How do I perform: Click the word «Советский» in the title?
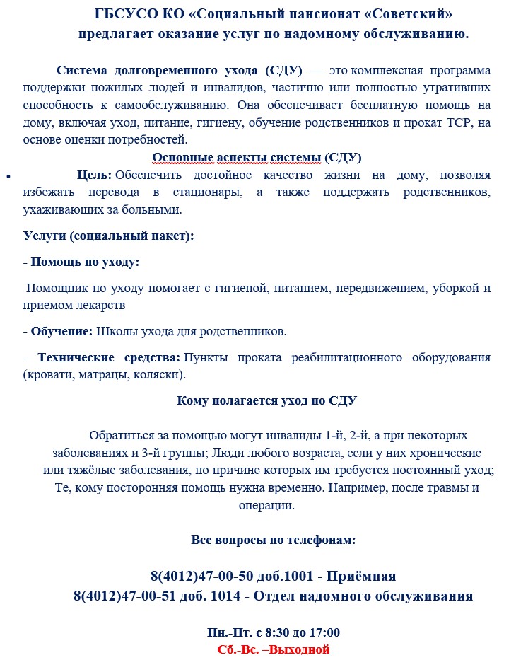pos(409,15)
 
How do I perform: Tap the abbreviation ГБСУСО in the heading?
pos(121,15)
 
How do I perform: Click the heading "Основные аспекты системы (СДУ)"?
pos(257,157)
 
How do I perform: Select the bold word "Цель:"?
pos(94,175)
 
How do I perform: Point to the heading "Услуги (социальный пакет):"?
pos(108,236)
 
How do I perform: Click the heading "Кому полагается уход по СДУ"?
pos(266,400)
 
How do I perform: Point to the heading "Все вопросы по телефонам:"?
pos(273,540)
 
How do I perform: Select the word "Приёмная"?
pos(365,576)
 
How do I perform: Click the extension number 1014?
pos(225,596)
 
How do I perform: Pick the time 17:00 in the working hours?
pos(324,632)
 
